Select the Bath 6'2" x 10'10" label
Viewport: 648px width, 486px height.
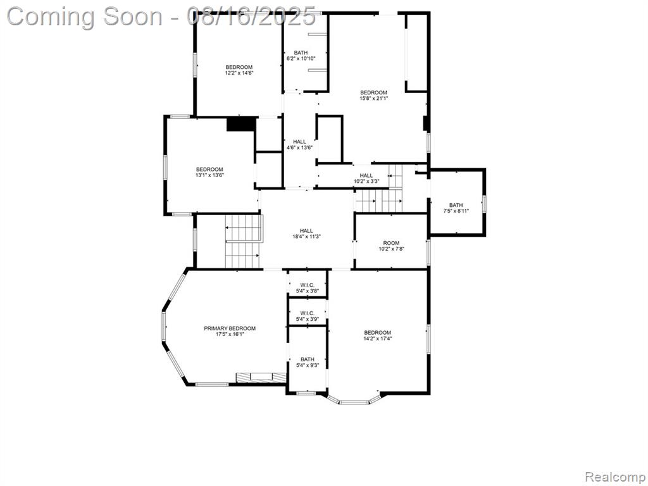click(301, 56)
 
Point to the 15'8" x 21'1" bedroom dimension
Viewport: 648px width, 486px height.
click(373, 99)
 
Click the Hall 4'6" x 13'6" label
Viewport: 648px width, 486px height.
click(299, 145)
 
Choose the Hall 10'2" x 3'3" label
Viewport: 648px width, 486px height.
click(366, 178)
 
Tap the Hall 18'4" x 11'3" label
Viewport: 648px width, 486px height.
click(306, 234)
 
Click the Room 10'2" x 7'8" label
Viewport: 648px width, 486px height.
click(391, 246)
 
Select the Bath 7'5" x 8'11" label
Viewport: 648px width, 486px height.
click(456, 208)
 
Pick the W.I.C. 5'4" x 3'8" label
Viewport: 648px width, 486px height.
click(308, 288)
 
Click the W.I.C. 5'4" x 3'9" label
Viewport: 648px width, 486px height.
click(308, 316)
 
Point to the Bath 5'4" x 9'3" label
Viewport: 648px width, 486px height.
click(308, 363)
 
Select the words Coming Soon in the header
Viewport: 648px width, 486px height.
click(85, 16)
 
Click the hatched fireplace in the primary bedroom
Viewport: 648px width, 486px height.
click(261, 377)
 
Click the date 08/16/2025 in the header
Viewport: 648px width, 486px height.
click(251, 16)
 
